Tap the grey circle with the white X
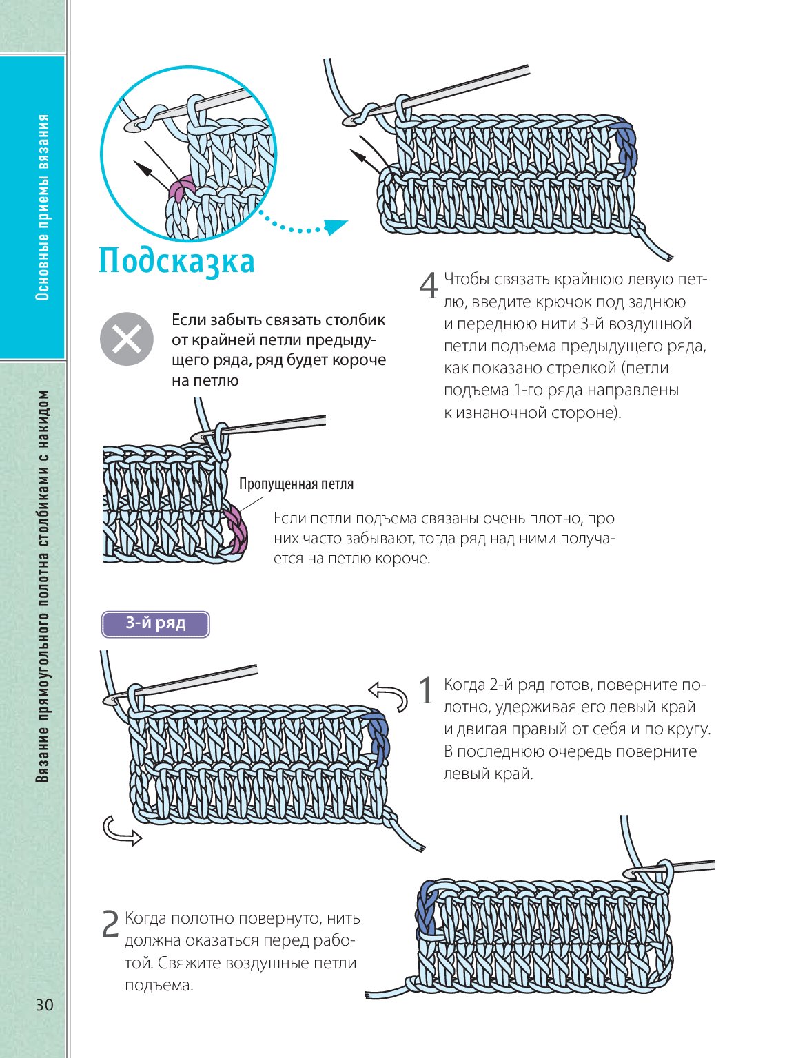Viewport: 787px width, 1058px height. point(126,339)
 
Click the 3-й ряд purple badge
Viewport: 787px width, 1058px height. point(155,623)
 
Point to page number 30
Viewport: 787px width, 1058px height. point(45,1005)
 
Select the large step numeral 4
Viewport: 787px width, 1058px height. point(429,286)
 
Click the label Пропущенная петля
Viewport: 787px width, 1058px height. point(296,484)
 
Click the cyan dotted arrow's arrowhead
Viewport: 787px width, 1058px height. point(336,226)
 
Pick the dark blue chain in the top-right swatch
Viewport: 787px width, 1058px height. point(626,145)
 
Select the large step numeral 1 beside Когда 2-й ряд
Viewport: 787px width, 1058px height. point(427,691)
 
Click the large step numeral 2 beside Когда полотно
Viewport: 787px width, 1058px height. point(110,924)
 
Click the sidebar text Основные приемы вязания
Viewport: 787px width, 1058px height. point(43,207)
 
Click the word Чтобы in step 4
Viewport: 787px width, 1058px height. point(467,280)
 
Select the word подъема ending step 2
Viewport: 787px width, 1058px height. point(159,985)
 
